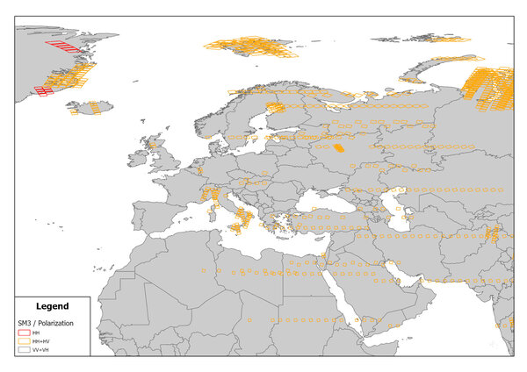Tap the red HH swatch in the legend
(25, 333)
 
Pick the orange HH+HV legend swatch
(25, 341)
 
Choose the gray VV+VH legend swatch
(25, 349)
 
